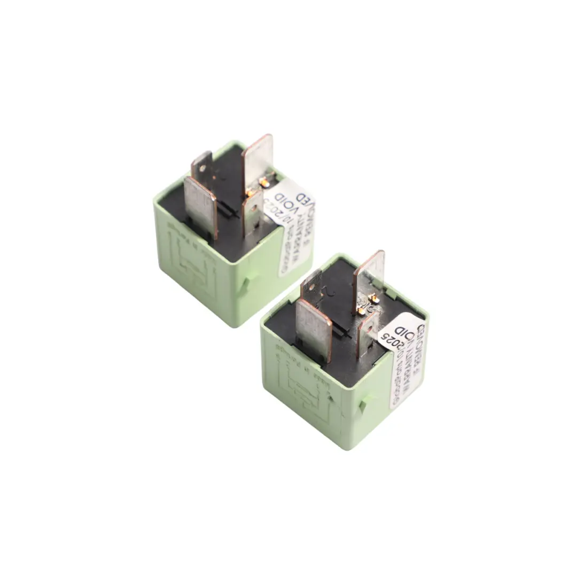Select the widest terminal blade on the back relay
tap(200, 206)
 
